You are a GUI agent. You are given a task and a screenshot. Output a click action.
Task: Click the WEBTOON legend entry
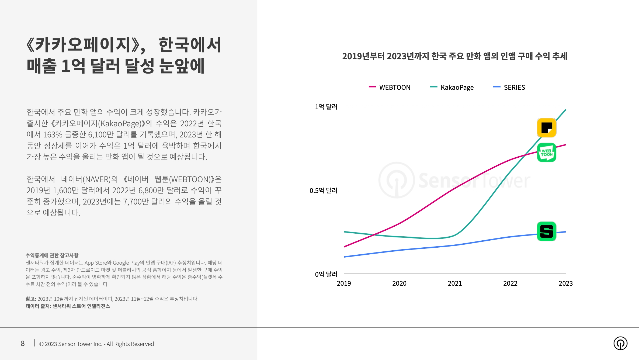point(390,87)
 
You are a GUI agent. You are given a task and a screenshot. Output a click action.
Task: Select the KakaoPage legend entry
point(452,88)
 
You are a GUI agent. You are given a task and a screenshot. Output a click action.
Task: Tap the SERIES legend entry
point(509,87)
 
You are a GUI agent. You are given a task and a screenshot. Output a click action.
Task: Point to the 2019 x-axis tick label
point(344,283)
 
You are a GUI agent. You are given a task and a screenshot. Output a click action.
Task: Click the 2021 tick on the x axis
point(455,283)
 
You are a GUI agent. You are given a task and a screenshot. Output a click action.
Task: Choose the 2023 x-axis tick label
point(566,283)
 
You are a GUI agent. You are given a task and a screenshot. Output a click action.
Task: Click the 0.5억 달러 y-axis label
point(323,191)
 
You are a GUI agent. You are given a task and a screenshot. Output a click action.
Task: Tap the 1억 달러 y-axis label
point(326,107)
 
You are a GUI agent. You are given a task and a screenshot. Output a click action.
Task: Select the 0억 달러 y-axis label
point(326,274)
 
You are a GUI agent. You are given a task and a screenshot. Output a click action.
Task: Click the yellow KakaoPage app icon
point(547,128)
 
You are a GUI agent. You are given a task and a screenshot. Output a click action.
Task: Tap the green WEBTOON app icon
point(547,153)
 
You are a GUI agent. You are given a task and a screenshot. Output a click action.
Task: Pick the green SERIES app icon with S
point(547,231)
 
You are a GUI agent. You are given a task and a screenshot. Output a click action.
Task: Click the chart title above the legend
point(455,56)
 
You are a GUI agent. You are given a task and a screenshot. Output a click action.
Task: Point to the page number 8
point(23,344)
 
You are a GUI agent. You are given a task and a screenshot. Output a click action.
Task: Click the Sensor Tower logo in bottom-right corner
point(620,343)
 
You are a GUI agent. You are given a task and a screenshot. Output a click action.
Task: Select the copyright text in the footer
point(96,344)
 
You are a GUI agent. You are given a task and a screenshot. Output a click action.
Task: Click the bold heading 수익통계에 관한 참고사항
point(52,255)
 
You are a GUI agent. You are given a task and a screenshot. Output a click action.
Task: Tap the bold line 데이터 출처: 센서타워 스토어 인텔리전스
point(68,306)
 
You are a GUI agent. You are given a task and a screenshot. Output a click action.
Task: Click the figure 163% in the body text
point(53,134)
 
